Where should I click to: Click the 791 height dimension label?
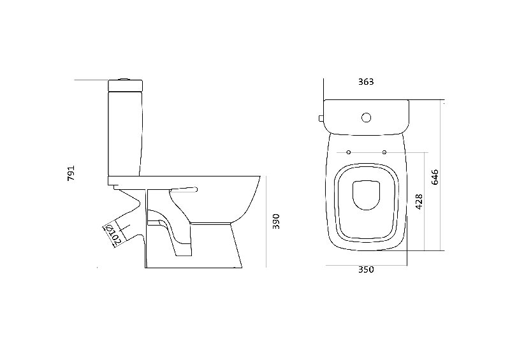[x=71, y=173]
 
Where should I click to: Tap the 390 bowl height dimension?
[x=276, y=222]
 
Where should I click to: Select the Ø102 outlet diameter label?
[x=113, y=234]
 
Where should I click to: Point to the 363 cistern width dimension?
[x=366, y=82]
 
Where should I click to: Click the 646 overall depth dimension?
[x=435, y=177]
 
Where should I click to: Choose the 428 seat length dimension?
[x=419, y=201]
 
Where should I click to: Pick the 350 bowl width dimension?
[x=366, y=270]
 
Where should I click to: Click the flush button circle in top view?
[x=366, y=117]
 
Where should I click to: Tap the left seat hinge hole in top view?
[x=349, y=152]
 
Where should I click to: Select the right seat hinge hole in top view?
[x=384, y=152]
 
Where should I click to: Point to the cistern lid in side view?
[x=125, y=85]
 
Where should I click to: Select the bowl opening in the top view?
[x=366, y=195]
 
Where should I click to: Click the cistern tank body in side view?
[x=125, y=134]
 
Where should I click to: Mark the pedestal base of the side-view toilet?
[x=194, y=245]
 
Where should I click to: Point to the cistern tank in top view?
[x=366, y=117]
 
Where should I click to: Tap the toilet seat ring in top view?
[x=366, y=203]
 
